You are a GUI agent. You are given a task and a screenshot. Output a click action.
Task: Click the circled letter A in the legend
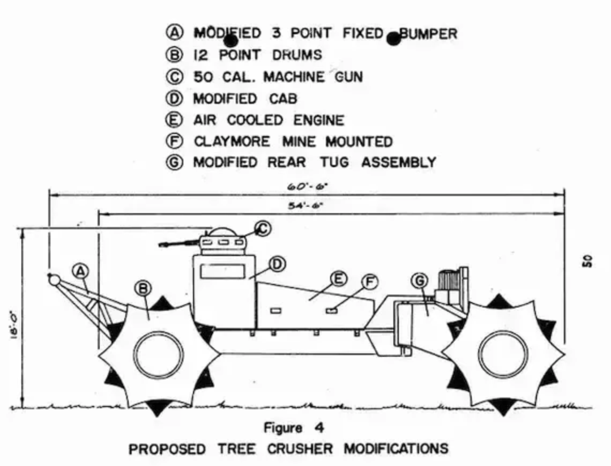[173, 33]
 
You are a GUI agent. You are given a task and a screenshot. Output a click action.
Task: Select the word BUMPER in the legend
[428, 34]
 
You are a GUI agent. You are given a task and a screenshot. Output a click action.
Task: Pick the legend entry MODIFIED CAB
[245, 99]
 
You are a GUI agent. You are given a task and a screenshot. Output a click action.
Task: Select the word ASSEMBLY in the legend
[399, 162]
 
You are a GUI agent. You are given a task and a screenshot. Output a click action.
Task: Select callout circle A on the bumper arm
[80, 271]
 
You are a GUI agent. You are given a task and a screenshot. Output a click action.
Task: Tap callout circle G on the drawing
[419, 280]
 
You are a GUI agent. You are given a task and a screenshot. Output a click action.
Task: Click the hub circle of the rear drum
[502, 356]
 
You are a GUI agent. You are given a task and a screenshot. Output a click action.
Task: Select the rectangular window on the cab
[222, 271]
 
